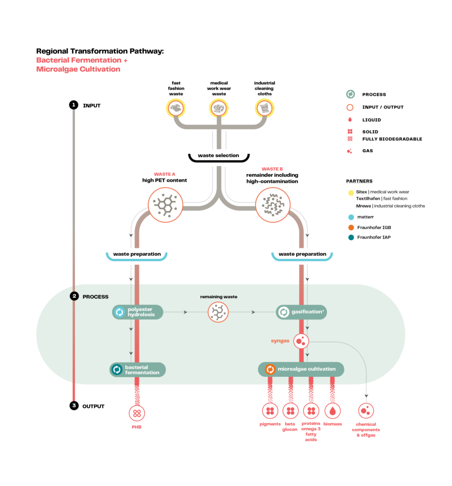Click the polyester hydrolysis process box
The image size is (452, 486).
coord(138,312)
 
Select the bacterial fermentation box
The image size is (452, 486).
coord(137,370)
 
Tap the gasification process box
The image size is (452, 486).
coord(301,312)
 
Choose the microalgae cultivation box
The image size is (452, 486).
coord(301,369)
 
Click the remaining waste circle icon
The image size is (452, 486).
coord(218,312)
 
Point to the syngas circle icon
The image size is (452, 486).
coord(301,341)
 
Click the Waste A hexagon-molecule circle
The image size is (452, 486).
coord(165,205)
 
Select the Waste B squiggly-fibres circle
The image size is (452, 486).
coord(272,205)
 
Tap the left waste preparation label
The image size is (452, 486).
coord(136,254)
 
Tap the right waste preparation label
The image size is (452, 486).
coord(302,254)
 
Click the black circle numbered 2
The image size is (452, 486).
coord(74,297)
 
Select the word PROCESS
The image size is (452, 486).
coord(95,297)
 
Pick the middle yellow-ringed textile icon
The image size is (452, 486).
coord(219,109)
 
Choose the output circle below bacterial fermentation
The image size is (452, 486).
coord(137,413)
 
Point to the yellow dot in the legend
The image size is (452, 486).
coord(351,193)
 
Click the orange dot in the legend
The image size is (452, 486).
coord(351,227)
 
